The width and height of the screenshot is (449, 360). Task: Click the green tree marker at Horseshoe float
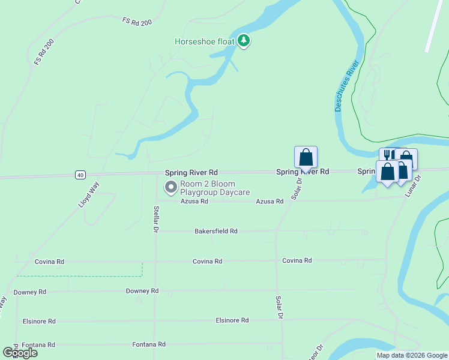(244, 41)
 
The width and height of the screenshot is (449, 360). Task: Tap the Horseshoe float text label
(203, 41)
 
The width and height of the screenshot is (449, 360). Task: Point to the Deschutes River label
(347, 85)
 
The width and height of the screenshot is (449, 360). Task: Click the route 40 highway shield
(80, 175)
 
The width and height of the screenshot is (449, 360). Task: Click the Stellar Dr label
(155, 220)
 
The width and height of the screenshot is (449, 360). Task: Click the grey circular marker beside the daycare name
(171, 188)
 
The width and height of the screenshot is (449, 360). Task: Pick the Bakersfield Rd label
(216, 231)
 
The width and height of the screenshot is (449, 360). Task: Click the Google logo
(20, 353)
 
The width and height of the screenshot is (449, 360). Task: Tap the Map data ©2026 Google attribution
(412, 355)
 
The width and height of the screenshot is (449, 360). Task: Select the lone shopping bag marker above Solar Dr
(306, 158)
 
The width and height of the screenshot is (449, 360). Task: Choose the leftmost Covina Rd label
(49, 262)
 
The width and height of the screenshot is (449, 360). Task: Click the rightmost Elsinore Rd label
(232, 320)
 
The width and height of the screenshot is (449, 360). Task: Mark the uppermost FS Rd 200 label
(137, 21)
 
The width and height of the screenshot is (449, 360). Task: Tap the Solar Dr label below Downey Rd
(279, 307)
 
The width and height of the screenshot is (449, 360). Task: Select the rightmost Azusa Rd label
(270, 202)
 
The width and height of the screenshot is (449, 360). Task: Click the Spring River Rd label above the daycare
(191, 172)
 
